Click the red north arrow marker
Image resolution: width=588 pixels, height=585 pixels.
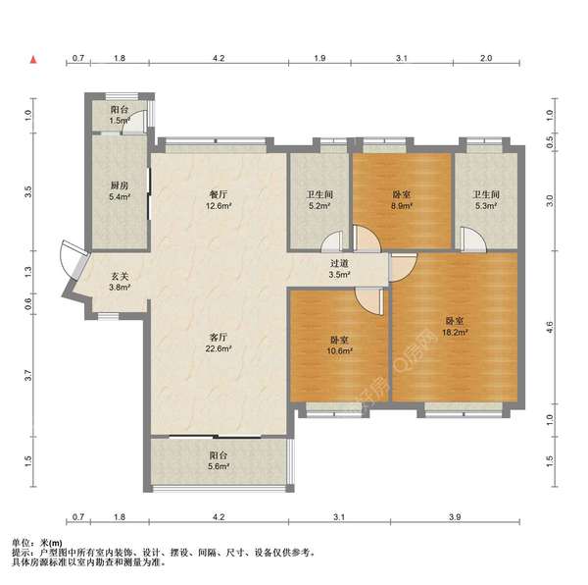pyautogui.click(x=33, y=59)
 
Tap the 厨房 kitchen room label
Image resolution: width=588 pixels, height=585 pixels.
pyautogui.click(x=120, y=190)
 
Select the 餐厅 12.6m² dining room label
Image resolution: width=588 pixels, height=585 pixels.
pyautogui.click(x=219, y=200)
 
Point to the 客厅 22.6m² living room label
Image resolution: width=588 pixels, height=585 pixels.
pyautogui.click(x=219, y=343)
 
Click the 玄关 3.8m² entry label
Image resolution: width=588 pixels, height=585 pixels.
pyautogui.click(x=120, y=282)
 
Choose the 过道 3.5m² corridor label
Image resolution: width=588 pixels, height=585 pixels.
pyautogui.click(x=339, y=269)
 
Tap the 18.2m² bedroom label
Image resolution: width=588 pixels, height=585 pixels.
pyautogui.click(x=455, y=327)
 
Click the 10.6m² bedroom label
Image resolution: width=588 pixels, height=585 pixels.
pyautogui.click(x=339, y=346)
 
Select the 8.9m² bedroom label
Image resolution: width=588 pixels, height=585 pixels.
pyautogui.click(x=402, y=200)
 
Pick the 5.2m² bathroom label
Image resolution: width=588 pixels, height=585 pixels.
pyautogui.click(x=319, y=200)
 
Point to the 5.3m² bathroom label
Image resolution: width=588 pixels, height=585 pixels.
pyautogui.click(x=486, y=200)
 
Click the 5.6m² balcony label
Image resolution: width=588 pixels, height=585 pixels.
pyautogui.click(x=219, y=460)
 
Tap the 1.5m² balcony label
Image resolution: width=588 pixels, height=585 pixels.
pyautogui.click(x=120, y=115)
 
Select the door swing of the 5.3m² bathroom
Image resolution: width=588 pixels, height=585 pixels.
pyautogui.click(x=473, y=239)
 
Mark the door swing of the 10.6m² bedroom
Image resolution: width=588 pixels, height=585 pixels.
pyautogui.click(x=369, y=301)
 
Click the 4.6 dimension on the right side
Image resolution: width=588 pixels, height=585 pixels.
pyautogui.click(x=550, y=327)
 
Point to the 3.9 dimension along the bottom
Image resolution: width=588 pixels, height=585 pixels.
pyautogui.click(x=455, y=517)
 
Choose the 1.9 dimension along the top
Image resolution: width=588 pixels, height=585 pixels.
pyautogui.click(x=319, y=58)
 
